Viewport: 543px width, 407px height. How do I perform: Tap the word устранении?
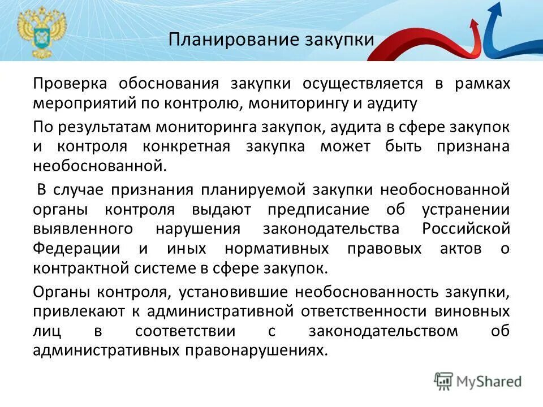(466, 210)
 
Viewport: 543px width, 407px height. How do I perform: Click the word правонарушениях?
(256, 351)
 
